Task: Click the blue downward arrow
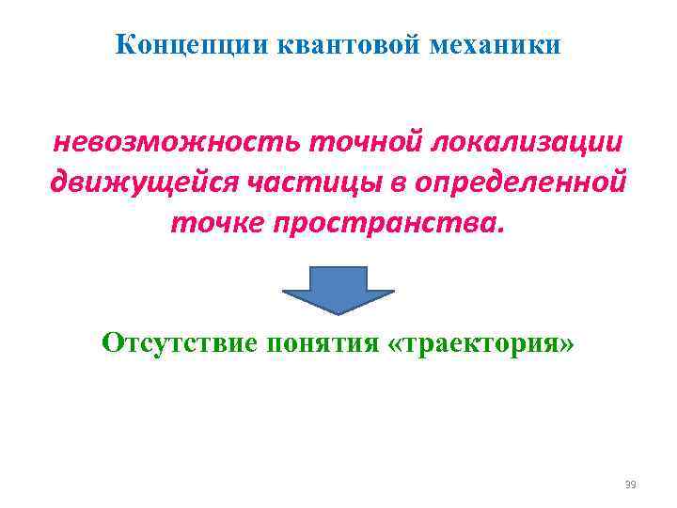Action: pyautogui.click(x=338, y=290)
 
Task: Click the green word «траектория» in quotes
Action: pyautogui.click(x=480, y=342)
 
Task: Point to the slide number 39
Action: pyautogui.click(x=630, y=484)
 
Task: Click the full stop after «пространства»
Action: pyautogui.click(x=500, y=229)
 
